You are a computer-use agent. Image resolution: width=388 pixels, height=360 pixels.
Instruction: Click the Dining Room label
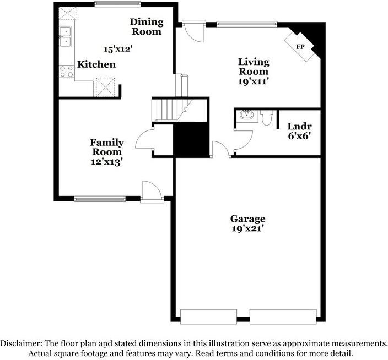click(146, 26)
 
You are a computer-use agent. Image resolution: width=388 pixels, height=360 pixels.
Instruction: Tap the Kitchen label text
click(96, 64)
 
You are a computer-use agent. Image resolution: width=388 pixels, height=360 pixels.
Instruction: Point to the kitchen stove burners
click(66, 70)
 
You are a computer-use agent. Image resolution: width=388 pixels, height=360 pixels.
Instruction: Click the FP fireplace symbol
click(300, 46)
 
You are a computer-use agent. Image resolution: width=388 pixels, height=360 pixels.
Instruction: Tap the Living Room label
click(254, 67)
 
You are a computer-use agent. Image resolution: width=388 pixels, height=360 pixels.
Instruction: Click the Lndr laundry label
click(299, 126)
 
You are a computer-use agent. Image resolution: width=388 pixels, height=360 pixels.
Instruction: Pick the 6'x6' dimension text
click(299, 136)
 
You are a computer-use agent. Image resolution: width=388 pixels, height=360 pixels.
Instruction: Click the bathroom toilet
click(267, 118)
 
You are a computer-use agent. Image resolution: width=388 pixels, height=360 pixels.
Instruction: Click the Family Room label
click(107, 147)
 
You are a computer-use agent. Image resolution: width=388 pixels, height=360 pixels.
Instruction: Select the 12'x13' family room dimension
click(106, 162)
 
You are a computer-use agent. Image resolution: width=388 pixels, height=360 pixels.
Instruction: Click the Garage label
click(248, 219)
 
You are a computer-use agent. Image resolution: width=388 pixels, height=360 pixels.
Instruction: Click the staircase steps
click(166, 110)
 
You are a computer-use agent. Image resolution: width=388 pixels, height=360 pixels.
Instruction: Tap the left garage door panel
click(213, 317)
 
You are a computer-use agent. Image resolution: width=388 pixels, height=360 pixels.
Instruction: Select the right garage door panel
click(282, 317)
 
